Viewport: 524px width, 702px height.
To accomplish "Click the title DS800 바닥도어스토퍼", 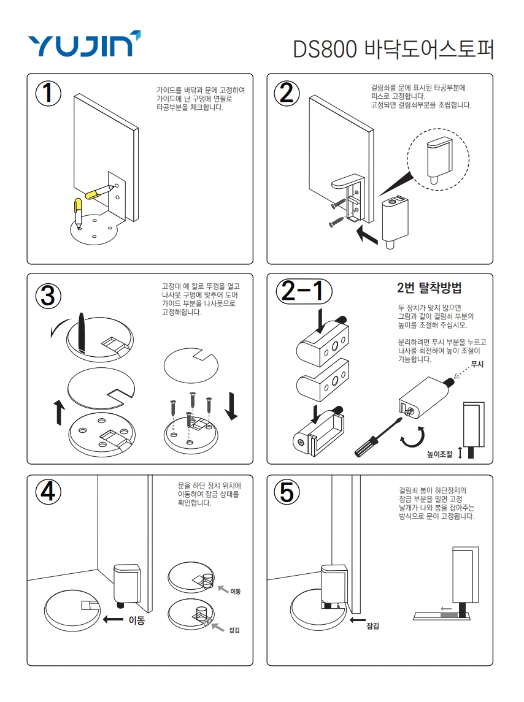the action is point(393,49).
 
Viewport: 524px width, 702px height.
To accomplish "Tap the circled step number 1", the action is point(48,94).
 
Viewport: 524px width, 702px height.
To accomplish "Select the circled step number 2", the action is point(287,94).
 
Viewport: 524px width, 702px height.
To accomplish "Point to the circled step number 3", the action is point(48,296).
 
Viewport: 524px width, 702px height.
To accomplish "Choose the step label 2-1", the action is point(304,291).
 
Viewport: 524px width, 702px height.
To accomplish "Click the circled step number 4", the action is point(48,492).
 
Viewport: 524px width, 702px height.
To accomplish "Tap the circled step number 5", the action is point(287,492).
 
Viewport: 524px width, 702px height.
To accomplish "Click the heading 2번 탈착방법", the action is point(429,288).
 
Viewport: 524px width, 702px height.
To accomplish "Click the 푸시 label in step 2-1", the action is point(477,364).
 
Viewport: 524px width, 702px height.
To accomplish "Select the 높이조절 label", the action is point(439,454).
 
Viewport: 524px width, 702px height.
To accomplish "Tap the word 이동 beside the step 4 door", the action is point(137,620).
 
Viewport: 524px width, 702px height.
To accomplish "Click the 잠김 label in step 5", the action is point(373,626).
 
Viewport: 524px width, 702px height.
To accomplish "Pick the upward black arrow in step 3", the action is point(59,413).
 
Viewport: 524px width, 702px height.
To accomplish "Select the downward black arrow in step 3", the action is point(231,406).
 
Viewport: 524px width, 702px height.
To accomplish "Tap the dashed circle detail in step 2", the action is point(438,159).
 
